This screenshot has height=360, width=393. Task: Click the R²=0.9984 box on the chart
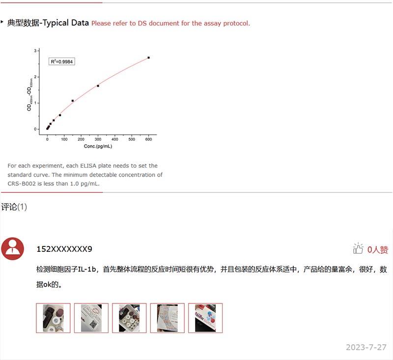62,61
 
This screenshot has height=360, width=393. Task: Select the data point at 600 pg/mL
149,58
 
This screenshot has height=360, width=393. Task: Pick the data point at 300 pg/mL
98,86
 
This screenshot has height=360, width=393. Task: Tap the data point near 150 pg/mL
73,101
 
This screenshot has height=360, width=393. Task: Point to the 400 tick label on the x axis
115,139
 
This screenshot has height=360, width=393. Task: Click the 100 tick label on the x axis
64,139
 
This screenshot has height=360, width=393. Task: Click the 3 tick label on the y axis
35,51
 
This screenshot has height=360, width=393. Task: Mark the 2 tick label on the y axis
35,77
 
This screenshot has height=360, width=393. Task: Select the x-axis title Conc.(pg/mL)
98,146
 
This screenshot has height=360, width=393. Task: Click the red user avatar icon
13,249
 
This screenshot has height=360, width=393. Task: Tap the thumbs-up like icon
358,248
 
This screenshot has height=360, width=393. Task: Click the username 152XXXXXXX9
64,249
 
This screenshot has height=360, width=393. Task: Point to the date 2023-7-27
366,347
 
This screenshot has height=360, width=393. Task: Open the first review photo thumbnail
53,318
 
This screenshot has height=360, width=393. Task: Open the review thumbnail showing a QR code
91,318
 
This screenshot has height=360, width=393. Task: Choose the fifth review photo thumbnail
205,318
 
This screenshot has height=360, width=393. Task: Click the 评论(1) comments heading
14,207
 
